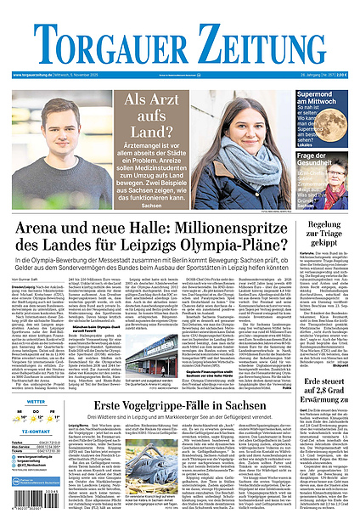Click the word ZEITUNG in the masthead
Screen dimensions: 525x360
pyautogui.click(x=263, y=40)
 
